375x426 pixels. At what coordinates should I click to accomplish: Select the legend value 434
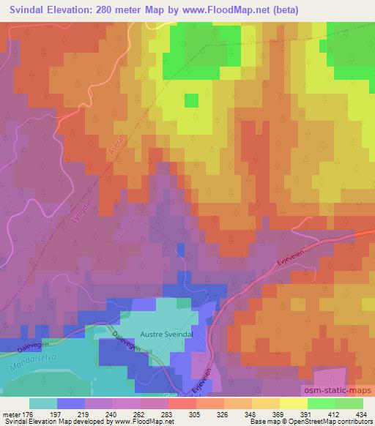point(362,414)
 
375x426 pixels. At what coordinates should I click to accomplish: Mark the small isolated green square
point(192,100)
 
